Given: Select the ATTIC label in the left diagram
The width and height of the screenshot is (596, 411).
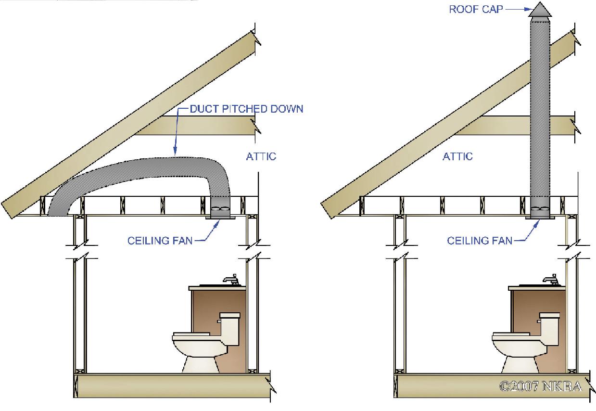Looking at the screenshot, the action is [x=261, y=156].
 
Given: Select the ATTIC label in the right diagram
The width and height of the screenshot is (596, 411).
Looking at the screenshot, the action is [x=457, y=156].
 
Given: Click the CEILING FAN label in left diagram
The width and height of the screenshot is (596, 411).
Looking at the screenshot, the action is [x=160, y=240].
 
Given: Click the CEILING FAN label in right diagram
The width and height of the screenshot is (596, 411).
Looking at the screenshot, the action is [x=480, y=240].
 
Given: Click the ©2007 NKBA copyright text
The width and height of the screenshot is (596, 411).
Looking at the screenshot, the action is [x=541, y=386].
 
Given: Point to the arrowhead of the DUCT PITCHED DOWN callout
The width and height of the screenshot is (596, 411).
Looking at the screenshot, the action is [x=175, y=152].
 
